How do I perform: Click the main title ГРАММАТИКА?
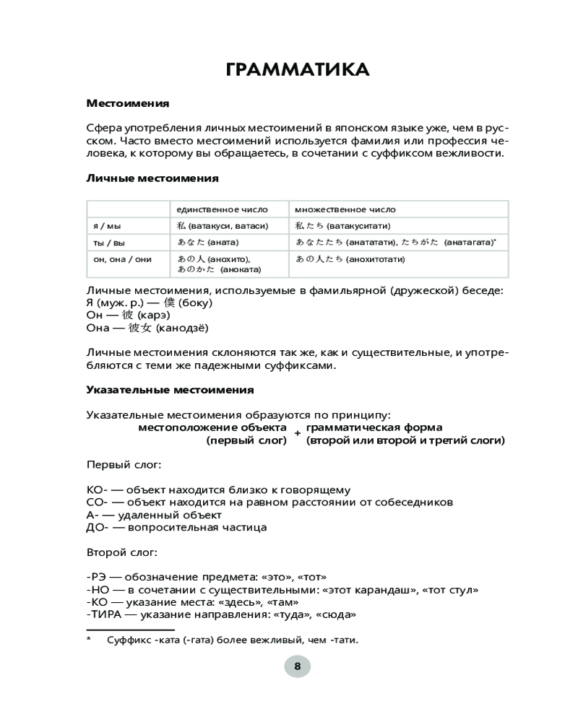(x=297, y=70)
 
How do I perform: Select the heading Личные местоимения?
(x=152, y=178)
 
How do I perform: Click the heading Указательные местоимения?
(x=170, y=390)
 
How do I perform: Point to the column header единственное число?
(x=215, y=209)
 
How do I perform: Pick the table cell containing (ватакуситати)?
(x=343, y=226)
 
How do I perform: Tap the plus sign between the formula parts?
(x=297, y=434)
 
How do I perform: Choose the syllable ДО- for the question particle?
(x=97, y=527)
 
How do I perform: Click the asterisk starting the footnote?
(x=89, y=639)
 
